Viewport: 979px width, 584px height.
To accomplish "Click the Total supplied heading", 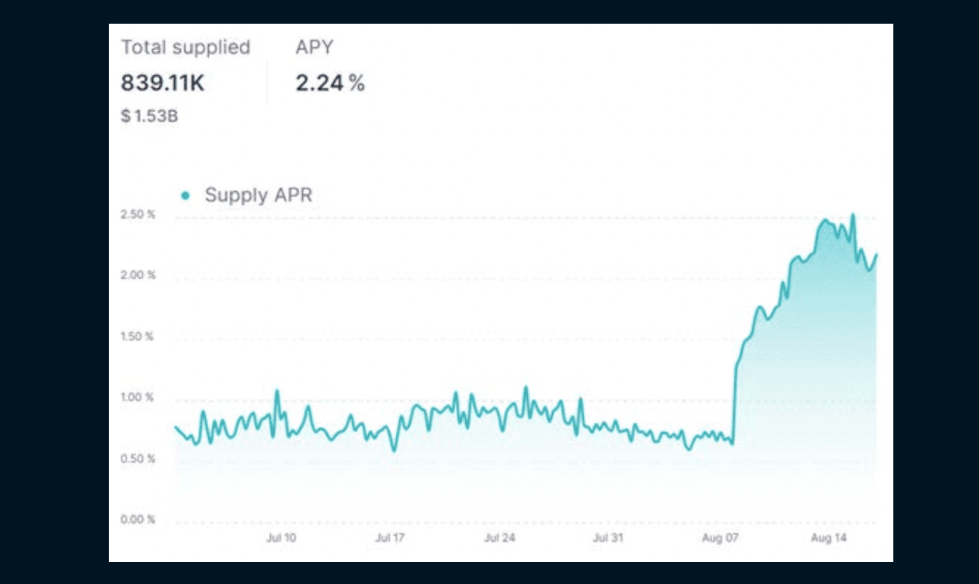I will (185, 47).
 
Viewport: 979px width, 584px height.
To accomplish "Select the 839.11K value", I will (163, 83).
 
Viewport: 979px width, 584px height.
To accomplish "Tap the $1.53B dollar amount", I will (149, 116).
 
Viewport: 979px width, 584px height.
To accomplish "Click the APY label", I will (314, 47).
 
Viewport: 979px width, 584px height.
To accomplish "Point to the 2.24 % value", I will (330, 83).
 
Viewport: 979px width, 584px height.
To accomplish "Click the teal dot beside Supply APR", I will (186, 195).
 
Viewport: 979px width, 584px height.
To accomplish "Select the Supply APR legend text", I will (258, 195).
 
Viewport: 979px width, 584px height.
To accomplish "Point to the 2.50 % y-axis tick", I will (138, 214).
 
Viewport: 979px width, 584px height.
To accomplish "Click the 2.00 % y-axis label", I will (138, 275).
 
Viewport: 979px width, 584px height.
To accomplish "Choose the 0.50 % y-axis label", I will (138, 458).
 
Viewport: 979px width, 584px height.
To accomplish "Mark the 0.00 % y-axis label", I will (138, 520).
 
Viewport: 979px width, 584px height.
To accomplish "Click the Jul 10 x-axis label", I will (281, 538).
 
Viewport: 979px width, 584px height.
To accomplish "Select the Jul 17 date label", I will (390, 538).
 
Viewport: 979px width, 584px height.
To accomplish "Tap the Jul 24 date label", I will (499, 538).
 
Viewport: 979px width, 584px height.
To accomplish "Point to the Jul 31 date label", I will (608, 538).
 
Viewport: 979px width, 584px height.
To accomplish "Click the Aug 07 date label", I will (720, 538).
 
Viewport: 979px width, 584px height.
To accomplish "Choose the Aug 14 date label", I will (829, 538).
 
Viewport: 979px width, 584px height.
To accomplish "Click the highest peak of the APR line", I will (853, 215).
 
